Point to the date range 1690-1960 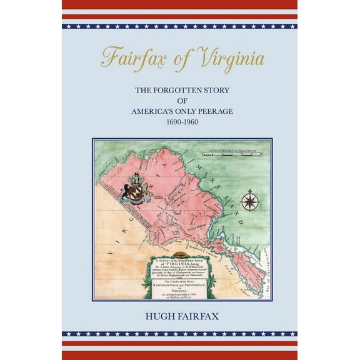[179, 122]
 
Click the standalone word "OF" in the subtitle [179, 101]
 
